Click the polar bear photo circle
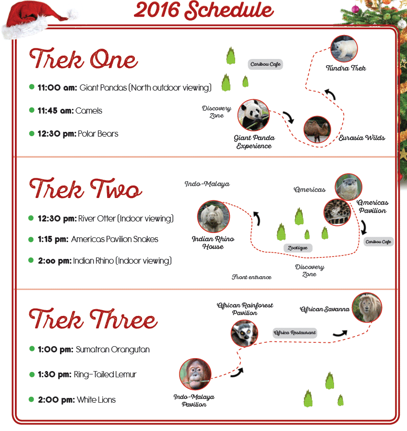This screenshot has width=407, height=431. tap(344, 48)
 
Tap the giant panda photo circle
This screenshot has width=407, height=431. tap(253, 115)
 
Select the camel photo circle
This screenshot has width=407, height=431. tap(317, 129)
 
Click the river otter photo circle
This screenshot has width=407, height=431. tap(348, 187)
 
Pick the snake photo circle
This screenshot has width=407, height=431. tap(337, 212)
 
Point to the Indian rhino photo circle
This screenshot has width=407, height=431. tap(213, 216)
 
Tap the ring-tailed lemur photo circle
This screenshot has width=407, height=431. tap(244, 333)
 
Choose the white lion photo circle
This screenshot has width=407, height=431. tap(367, 308)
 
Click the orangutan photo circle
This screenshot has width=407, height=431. tap(195, 374)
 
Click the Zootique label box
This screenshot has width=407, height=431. tap(298, 248)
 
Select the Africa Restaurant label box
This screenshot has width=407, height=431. tap(295, 333)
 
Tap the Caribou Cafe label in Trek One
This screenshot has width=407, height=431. tap(265, 64)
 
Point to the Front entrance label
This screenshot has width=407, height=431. tap(251, 277)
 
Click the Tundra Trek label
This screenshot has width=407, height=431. tap(346, 68)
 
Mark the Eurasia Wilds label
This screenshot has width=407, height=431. tap(362, 138)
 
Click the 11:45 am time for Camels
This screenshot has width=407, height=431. tap(56, 111)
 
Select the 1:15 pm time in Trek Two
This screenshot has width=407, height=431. tap(53, 239)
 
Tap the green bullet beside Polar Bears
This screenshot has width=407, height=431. tap(32, 134)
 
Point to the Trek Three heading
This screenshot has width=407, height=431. tap(93, 319)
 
